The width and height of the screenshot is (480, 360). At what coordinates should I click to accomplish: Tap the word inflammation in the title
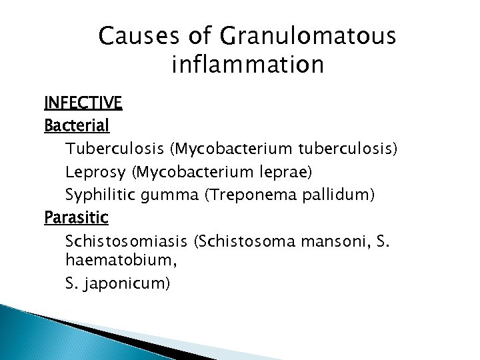[x=247, y=65]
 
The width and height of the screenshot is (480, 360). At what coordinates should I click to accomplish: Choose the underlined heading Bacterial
[x=77, y=125]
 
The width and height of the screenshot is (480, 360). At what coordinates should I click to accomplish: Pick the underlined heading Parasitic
[x=76, y=217]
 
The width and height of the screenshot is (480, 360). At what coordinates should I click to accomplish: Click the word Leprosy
[x=96, y=172]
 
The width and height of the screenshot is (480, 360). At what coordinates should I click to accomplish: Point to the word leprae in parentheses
[x=281, y=172]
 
